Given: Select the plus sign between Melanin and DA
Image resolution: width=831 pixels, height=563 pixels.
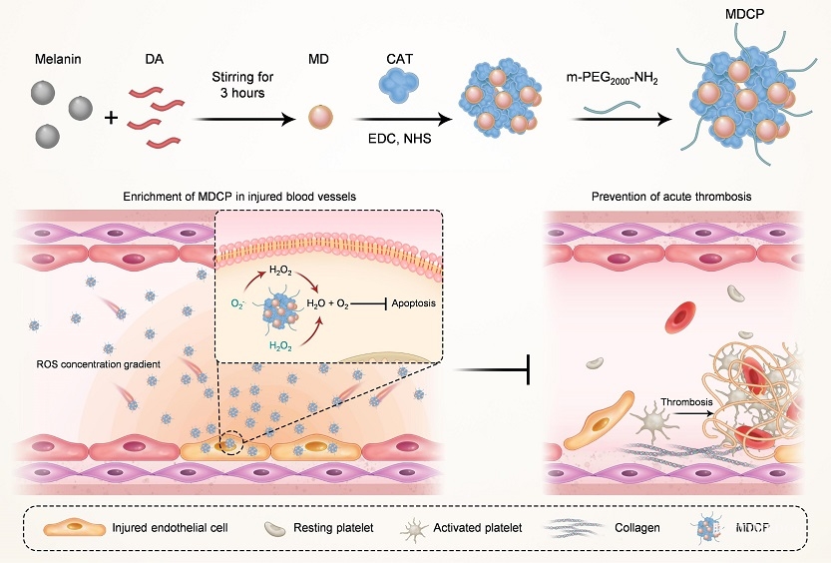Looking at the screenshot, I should pyautogui.click(x=111, y=119).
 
